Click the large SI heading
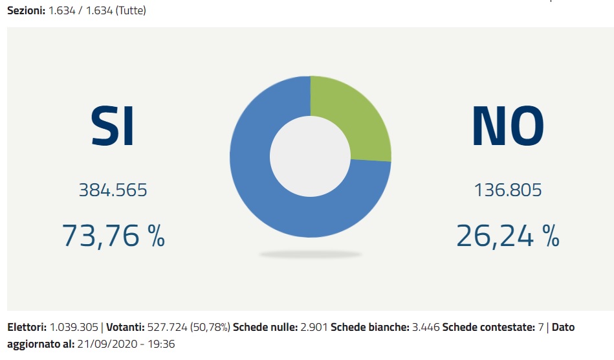coord(113,126)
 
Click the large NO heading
coord(507,126)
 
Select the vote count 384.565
coord(113,190)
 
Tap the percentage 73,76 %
coord(113,235)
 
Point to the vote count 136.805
coord(508,190)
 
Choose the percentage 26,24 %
coord(508,236)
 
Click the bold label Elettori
coord(27,328)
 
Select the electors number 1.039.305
coord(73,328)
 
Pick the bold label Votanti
coord(126,328)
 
